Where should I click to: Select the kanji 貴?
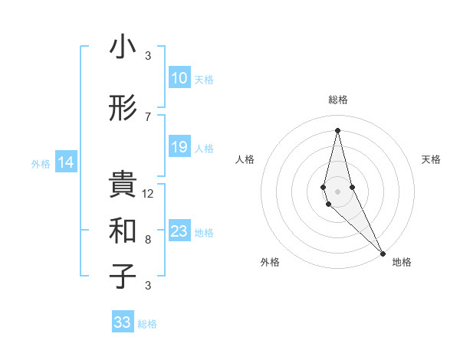(x=122, y=184)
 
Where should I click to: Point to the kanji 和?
(x=122, y=230)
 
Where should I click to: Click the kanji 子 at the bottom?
(x=122, y=277)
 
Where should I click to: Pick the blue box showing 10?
(x=179, y=78)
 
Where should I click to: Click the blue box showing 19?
(x=179, y=147)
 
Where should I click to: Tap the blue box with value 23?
(x=179, y=231)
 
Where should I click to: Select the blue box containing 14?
(x=66, y=162)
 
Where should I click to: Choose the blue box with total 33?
(x=123, y=322)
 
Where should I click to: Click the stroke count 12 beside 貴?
(x=148, y=194)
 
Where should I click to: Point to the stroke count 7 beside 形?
(x=148, y=116)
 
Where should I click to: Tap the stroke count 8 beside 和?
(x=148, y=240)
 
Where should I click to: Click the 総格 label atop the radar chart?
(x=338, y=100)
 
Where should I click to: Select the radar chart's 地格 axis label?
(x=402, y=262)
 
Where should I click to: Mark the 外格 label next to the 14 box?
(x=40, y=163)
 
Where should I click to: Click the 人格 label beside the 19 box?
(x=204, y=148)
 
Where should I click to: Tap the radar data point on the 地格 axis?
(x=383, y=252)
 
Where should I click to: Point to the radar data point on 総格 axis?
(x=337, y=130)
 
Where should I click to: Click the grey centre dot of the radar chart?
(x=337, y=190)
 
